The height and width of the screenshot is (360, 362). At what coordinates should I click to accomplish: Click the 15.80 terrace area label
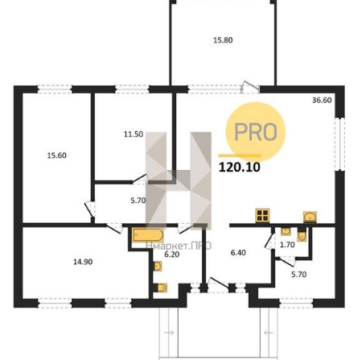(223, 40)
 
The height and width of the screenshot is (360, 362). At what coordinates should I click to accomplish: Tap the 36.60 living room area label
(322, 100)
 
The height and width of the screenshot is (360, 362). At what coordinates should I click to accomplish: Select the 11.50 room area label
(134, 134)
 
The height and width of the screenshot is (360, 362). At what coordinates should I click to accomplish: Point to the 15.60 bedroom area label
(57, 155)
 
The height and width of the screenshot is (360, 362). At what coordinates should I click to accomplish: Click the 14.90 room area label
(83, 262)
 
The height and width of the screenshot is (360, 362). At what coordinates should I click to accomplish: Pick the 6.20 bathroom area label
(171, 254)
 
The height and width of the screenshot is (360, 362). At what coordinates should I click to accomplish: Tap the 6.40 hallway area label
(238, 253)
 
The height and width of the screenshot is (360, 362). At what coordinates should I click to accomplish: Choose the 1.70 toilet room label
(287, 245)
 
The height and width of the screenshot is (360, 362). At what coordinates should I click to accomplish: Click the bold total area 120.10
(240, 167)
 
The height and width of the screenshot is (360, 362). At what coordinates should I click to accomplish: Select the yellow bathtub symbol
(147, 235)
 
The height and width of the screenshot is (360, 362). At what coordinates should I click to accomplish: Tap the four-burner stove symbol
(262, 216)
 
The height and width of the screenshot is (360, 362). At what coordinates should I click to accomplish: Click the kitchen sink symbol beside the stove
(310, 217)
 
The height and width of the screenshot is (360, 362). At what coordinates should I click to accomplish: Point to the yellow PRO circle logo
(256, 131)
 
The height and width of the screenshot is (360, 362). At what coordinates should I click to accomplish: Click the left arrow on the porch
(169, 333)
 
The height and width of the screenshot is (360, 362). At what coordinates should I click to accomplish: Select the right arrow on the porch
(269, 333)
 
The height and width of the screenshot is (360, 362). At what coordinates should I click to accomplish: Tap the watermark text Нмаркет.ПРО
(179, 246)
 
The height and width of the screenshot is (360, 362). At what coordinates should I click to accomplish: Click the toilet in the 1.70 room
(302, 235)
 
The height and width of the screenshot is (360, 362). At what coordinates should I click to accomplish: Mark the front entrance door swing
(219, 284)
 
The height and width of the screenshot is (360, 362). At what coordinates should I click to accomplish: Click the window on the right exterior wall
(339, 144)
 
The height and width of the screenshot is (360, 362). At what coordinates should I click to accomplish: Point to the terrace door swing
(250, 86)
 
